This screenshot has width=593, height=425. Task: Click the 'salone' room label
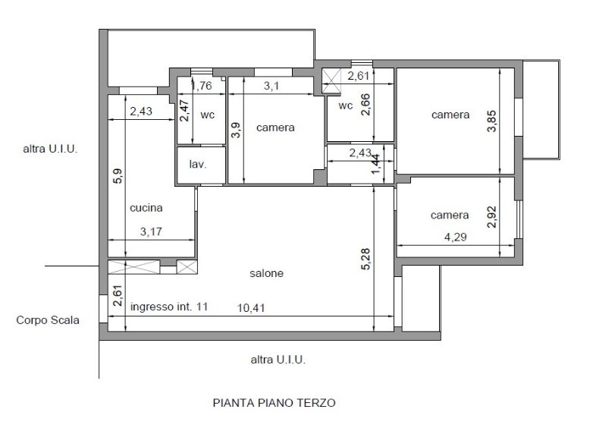coord(266,273)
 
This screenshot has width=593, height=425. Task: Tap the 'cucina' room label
coord(146,208)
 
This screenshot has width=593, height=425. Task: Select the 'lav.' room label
coord(198,164)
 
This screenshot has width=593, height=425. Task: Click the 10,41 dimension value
coord(251,308)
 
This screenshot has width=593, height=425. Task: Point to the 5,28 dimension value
coord(366,259)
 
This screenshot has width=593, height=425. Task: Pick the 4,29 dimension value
coord(455,238)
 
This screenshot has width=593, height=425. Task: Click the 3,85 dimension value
coord(491,121)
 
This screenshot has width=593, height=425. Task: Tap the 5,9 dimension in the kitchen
coord(118,176)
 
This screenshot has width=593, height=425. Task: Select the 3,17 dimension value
coord(151,231)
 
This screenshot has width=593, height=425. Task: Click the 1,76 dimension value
coord(202,86)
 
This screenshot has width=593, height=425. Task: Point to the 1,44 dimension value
coord(376,164)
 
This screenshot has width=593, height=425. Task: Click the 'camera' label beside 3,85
coord(450,115)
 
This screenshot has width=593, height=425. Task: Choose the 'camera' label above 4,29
coord(450,216)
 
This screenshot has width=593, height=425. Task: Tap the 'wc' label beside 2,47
coord(208,115)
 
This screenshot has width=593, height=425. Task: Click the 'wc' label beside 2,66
coord(346,105)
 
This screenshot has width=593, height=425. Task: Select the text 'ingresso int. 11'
coord(169,307)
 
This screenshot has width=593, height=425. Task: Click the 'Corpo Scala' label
coord(48,320)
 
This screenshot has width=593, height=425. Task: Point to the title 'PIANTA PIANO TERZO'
coord(275,403)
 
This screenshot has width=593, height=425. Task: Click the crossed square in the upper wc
coord(331,80)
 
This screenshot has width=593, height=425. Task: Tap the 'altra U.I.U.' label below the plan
coord(278,360)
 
